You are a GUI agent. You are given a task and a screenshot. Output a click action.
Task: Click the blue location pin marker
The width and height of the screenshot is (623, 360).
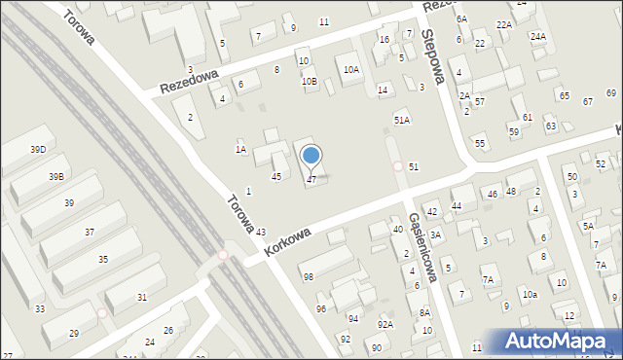tap(311, 156)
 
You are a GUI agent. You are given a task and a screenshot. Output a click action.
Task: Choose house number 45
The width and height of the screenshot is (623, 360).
tap(276, 176)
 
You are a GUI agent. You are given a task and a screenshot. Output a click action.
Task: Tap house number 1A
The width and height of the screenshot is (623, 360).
tap(239, 149)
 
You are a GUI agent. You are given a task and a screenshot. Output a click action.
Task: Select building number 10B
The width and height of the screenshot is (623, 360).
tap(309, 81)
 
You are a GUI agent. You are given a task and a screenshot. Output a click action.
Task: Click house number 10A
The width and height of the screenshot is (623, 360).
tap(351, 69)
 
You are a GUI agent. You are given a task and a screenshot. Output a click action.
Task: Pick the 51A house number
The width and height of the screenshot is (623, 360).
tap(402, 120)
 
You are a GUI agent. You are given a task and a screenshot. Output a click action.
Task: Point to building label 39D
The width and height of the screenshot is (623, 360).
tap(38, 149)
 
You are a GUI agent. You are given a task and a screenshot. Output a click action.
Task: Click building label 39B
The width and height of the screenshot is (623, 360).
tap(56, 176)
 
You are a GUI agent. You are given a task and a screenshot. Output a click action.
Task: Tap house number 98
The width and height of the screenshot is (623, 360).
tap(309, 277)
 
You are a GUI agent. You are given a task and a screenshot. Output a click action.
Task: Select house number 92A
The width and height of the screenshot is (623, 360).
tap(385, 324)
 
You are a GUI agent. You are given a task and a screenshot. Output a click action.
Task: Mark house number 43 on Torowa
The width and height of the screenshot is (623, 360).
tap(261, 232)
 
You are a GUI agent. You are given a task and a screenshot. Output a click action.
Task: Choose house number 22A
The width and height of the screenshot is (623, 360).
tap(503, 24)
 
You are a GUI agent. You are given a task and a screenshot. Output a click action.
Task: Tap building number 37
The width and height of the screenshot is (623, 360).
tap(90, 232)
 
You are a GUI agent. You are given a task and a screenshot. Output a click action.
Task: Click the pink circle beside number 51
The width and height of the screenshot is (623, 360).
tap(398, 166)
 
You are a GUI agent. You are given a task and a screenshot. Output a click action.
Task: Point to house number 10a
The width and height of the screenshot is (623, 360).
tap(530, 294)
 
